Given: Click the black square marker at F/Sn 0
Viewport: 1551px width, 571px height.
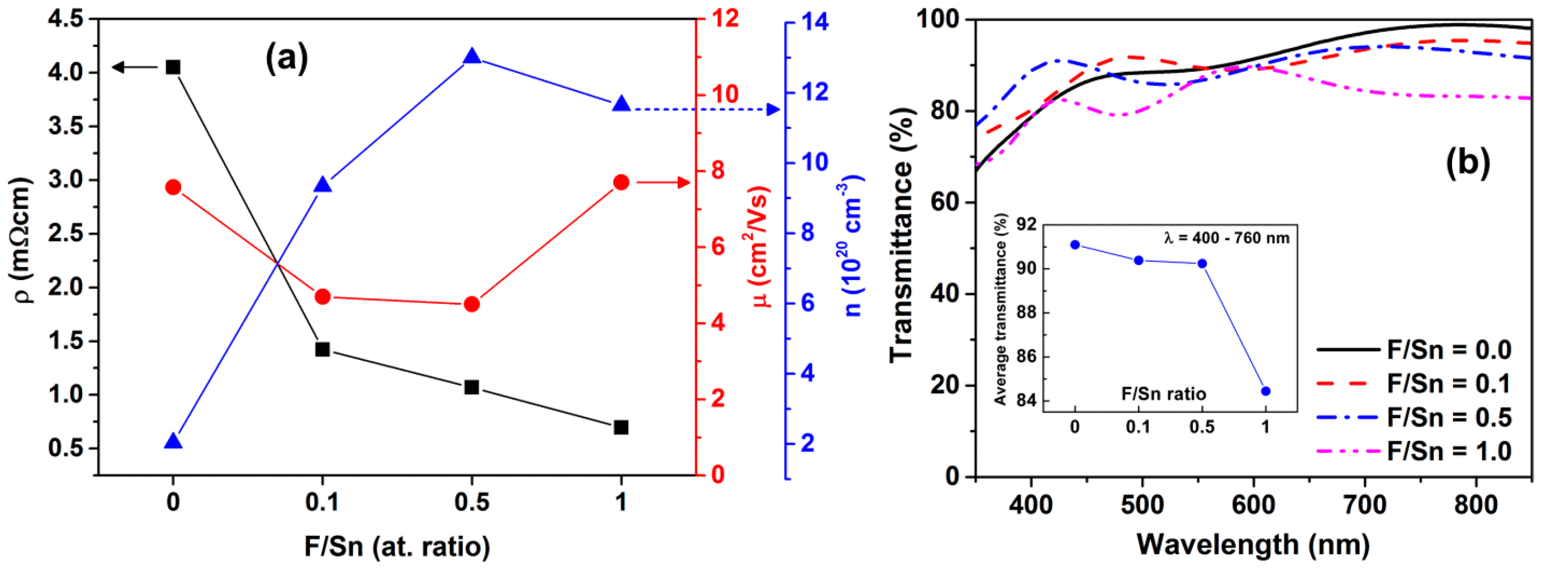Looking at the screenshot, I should tap(173, 67).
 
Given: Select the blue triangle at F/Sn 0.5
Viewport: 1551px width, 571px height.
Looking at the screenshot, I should tap(471, 57).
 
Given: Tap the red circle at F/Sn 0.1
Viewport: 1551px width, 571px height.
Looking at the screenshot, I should tap(322, 297).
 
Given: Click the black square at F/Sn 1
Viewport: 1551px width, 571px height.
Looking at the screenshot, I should tap(621, 427).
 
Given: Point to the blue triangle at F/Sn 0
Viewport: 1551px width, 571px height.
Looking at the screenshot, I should tap(173, 441).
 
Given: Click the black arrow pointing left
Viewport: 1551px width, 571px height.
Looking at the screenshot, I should tap(134, 67).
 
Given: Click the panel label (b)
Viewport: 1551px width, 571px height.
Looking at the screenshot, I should tap(1467, 162).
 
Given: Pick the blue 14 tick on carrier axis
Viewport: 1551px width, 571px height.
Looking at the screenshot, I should tap(814, 22).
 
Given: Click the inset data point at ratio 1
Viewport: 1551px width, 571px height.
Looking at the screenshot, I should tap(1265, 391).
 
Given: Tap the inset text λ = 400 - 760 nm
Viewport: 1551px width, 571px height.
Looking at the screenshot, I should tap(1226, 238).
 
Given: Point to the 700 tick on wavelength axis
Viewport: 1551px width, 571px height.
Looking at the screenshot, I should tap(1364, 504).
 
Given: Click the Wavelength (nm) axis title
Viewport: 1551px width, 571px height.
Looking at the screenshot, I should tap(1253, 544).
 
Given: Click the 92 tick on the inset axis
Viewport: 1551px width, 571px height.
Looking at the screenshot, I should tap(1026, 225).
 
